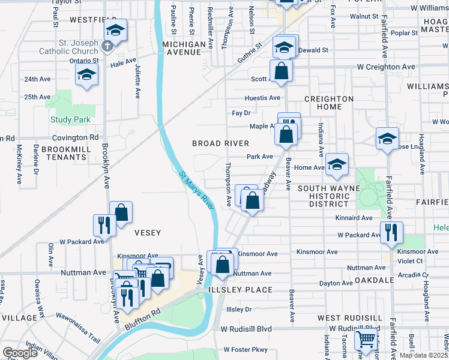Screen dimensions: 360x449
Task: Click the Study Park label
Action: point(70,120)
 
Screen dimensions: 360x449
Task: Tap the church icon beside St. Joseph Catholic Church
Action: point(107,46)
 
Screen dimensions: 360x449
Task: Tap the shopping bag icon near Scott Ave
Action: point(281,71)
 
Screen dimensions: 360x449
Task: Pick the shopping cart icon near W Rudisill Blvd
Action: point(366,340)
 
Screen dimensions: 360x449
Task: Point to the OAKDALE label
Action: point(374,280)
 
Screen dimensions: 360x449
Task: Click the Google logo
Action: point(20,353)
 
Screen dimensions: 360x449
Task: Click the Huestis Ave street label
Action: point(262,98)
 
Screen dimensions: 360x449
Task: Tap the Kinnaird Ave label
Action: point(355,218)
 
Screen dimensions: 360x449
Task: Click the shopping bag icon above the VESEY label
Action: point(121,212)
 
